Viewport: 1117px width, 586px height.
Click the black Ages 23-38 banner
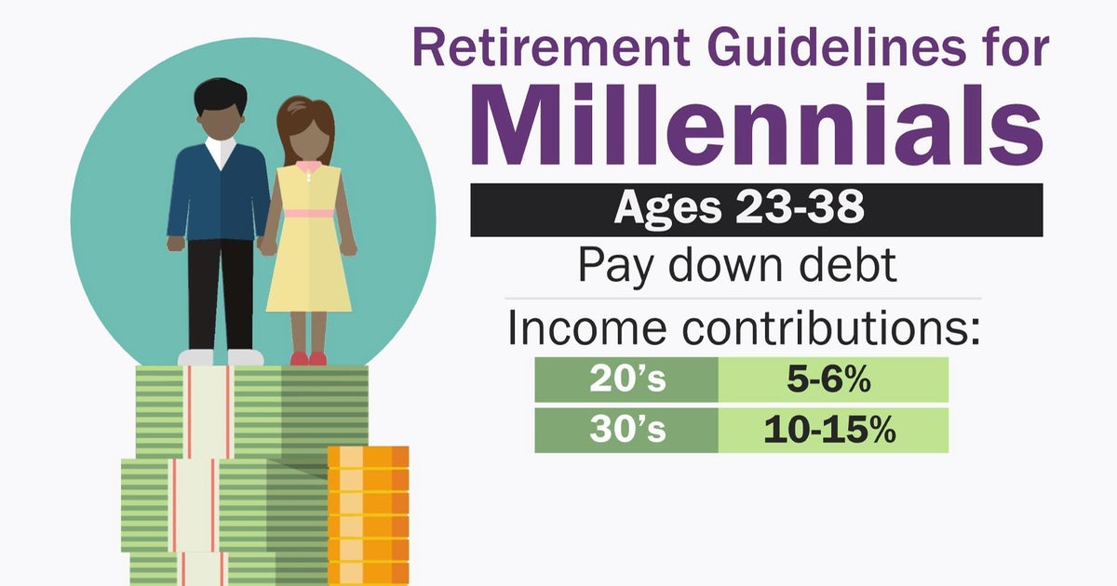(x=756, y=209)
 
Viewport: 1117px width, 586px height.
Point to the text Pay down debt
(x=737, y=265)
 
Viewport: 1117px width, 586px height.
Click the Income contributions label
(x=743, y=329)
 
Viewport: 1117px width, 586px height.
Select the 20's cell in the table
(x=626, y=380)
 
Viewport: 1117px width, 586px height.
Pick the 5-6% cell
(x=833, y=380)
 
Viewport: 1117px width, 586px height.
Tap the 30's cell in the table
(x=626, y=431)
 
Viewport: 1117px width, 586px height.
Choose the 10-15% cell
(x=833, y=431)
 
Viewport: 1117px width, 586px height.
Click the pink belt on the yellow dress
(x=308, y=213)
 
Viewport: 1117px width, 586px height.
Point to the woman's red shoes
(x=308, y=358)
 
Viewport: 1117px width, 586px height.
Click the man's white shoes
(x=221, y=357)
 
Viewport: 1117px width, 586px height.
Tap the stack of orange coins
(x=368, y=512)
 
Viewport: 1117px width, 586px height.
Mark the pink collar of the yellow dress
(x=307, y=167)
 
